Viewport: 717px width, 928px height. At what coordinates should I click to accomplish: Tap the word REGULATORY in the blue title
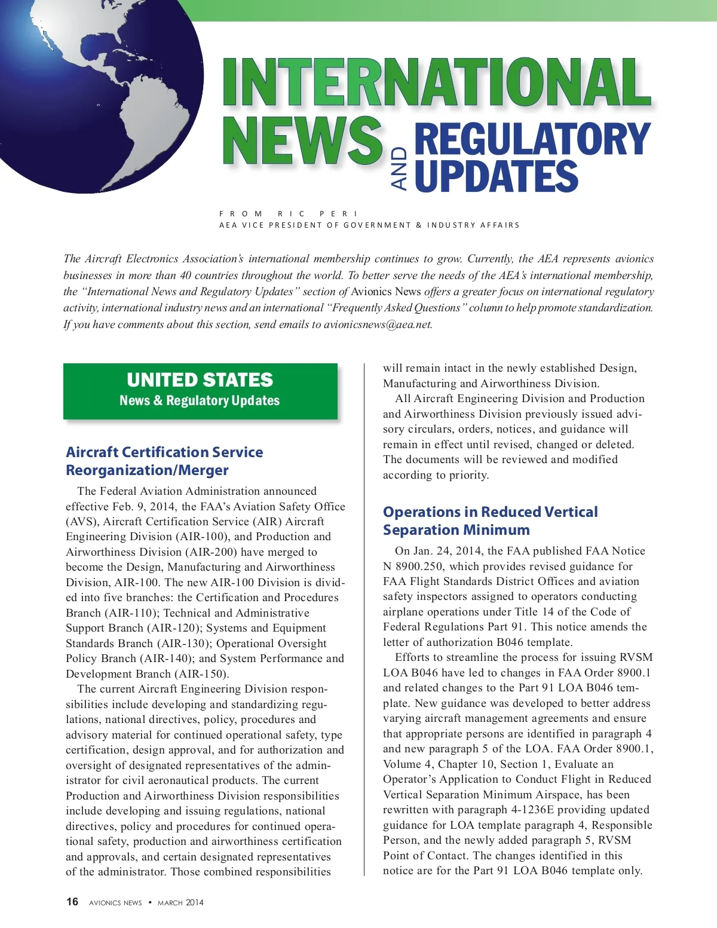coord(532,139)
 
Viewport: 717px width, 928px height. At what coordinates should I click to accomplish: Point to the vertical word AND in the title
coord(399,169)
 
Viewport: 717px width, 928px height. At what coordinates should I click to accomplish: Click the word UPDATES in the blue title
coord(496,176)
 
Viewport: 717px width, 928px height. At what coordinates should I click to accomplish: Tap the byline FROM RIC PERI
coord(289,213)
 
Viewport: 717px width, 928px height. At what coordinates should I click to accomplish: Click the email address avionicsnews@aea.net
coord(378,324)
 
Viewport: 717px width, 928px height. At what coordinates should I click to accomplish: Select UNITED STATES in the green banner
coord(200,380)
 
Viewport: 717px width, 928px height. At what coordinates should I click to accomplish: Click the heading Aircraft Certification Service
coord(164,452)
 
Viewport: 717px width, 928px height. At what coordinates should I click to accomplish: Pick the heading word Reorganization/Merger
coord(147,470)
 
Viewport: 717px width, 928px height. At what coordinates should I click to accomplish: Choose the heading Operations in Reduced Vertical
coord(490,512)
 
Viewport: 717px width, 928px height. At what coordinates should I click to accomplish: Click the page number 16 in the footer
coord(72,902)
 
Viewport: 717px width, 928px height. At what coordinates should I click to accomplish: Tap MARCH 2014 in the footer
coord(180,902)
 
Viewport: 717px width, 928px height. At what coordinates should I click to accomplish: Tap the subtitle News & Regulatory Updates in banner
coord(200,400)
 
